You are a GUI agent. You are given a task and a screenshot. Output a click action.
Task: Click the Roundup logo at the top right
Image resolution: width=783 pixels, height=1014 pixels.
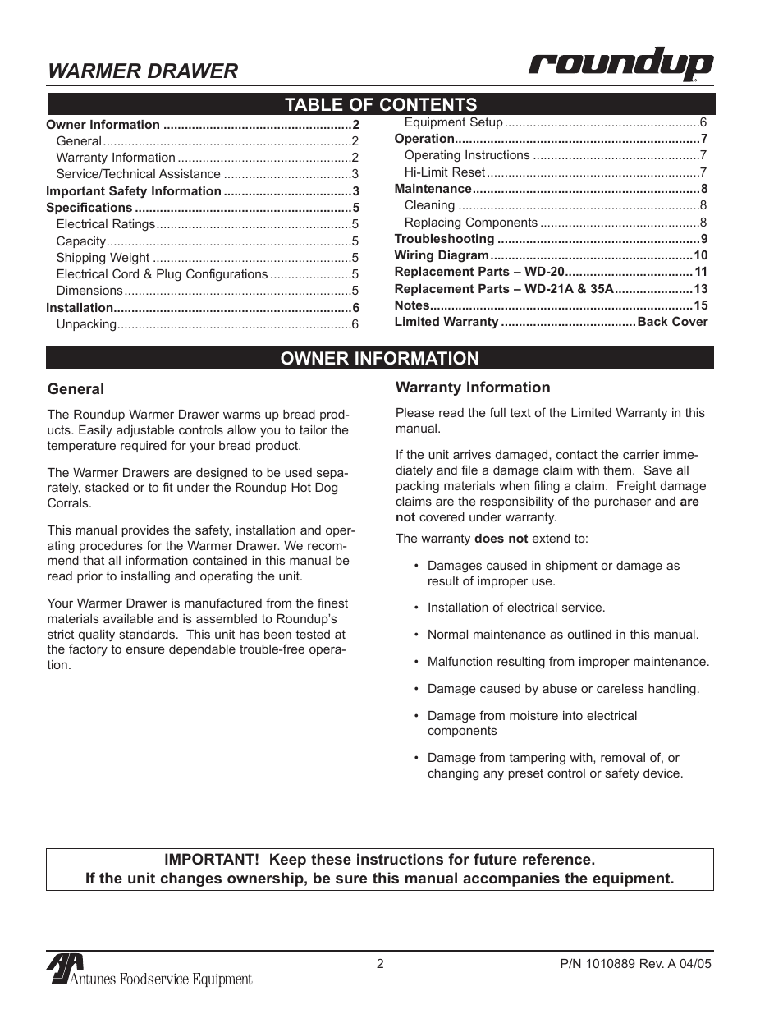(620, 66)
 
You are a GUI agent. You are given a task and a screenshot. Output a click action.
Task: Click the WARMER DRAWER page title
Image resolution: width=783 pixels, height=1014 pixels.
(143, 71)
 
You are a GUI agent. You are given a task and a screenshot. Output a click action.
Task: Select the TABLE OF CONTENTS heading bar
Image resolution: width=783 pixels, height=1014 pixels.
(380, 104)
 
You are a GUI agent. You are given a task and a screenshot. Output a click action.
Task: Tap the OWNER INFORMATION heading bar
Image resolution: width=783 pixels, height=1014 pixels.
(380, 358)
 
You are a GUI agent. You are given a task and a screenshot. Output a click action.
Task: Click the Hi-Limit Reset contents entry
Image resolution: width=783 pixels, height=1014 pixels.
(444, 172)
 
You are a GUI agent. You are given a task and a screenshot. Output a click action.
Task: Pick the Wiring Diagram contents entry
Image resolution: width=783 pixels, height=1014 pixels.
(442, 255)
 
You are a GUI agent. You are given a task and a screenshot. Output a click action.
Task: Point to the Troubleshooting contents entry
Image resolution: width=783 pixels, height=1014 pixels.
(444, 239)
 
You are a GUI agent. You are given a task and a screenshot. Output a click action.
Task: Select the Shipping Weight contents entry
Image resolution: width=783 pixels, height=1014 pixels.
(103, 258)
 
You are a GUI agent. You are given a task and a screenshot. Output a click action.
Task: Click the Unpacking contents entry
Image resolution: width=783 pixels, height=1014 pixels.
(86, 324)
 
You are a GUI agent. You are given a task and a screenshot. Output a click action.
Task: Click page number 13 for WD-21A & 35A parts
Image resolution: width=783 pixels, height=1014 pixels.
(700, 289)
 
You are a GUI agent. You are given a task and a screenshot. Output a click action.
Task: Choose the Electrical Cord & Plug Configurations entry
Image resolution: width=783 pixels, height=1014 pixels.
(162, 274)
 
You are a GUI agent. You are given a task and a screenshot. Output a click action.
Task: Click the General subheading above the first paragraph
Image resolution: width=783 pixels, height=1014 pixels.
(76, 389)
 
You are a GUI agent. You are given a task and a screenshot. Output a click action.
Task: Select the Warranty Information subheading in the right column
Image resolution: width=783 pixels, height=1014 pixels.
(473, 388)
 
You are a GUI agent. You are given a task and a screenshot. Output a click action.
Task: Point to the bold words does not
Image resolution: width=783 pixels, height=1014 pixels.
(501, 539)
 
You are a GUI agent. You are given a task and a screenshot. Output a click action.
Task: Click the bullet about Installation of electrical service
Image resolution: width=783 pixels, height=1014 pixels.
(515, 608)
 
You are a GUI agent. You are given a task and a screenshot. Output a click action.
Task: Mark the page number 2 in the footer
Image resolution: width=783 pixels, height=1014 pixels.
(380, 964)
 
